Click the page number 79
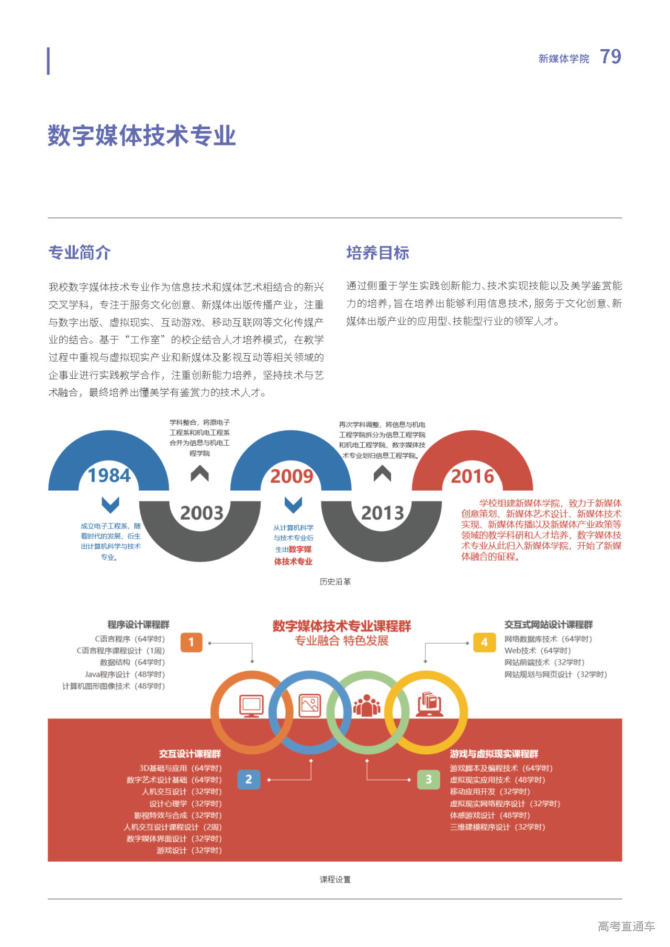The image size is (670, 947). coord(610,57)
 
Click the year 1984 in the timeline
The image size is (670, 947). coord(109,476)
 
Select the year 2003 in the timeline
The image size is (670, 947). coord(202,513)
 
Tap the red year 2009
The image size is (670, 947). coord(292,476)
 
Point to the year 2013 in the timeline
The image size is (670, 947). coord(383,513)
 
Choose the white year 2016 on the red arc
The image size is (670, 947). coord(473,476)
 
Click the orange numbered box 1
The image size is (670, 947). coord(191,642)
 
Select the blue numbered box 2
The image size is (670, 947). coord(249,780)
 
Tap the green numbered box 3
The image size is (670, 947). coord(429,780)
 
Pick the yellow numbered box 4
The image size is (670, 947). coord(484,642)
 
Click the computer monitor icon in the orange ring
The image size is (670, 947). coord(251,706)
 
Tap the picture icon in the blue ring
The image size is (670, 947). coord(310,706)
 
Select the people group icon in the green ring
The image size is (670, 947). coord(367,706)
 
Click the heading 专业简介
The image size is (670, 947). coord(80,253)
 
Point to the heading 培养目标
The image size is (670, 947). coord(377,253)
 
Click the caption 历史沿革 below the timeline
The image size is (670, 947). coord(335,582)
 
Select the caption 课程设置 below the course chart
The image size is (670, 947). coord(335,880)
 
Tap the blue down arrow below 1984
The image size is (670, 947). coord(110,505)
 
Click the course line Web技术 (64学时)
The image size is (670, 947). coord(537,650)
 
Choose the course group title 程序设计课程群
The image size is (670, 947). coord(138,625)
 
